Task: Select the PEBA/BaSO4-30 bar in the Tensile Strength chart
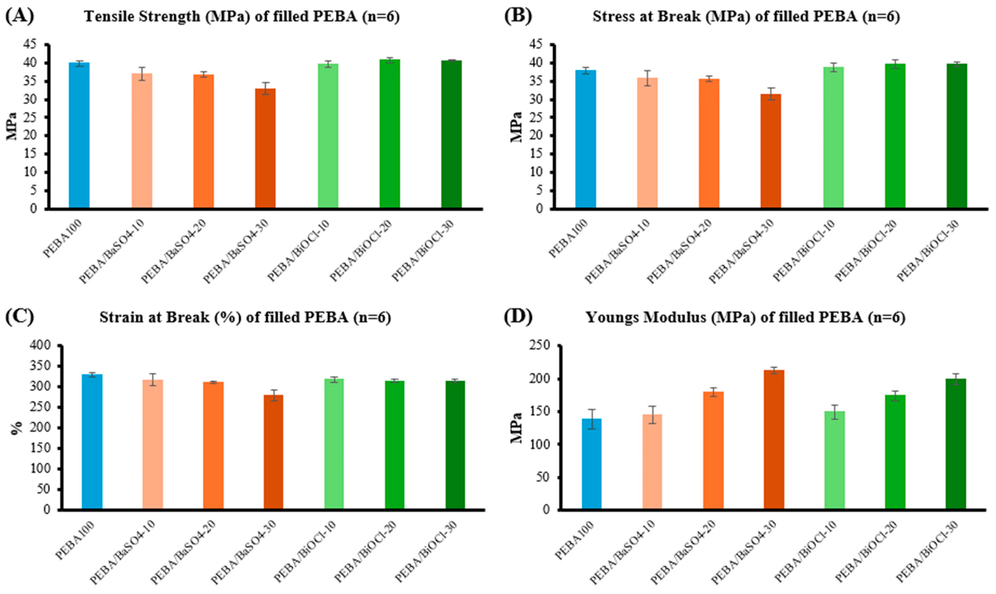(265, 148)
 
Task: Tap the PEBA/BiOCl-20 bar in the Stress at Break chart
(895, 136)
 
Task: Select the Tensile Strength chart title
(242, 17)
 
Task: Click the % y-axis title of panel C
(16, 428)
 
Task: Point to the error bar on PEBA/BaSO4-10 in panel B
(648, 78)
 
